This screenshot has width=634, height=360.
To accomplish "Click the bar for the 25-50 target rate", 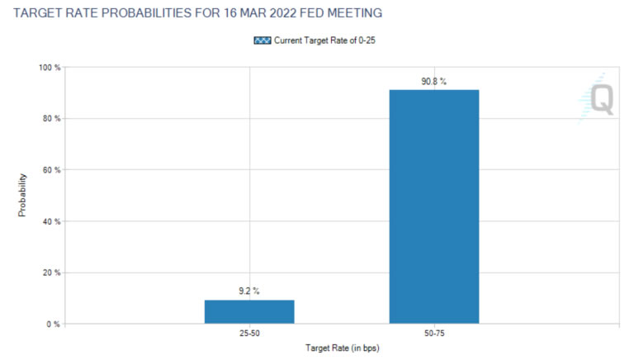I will (249, 311).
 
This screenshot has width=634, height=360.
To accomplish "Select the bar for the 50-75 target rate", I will (434, 206).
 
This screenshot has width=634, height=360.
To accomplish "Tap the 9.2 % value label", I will (249, 291).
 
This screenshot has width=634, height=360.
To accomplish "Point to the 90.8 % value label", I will (434, 81).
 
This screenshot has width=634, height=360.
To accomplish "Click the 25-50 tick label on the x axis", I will (249, 335).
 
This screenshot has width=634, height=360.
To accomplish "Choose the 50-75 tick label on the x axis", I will (434, 335).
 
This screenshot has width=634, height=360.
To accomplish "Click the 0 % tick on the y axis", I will (52, 324).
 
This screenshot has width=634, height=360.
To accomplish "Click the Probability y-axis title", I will (22, 195).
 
